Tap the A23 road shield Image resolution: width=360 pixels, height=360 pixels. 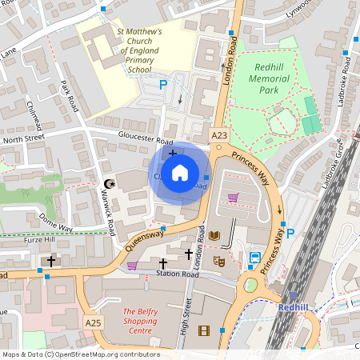point(220,135)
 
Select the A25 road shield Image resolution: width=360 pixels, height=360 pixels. point(94,322)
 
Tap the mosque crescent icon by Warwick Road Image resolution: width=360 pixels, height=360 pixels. point(110,185)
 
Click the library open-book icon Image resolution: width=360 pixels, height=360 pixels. point(214,235)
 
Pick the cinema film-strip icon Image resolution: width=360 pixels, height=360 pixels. point(204,330)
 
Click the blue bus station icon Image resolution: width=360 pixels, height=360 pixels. point(255,258)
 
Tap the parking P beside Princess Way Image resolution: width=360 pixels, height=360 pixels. point(290,234)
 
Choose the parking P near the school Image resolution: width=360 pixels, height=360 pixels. point(164,84)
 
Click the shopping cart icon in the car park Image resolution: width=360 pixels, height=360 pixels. point(233,197)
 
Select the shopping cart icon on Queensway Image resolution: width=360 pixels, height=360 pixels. point(132,266)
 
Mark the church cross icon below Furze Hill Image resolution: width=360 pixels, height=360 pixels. point(51,261)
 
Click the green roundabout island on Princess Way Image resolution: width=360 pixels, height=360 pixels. point(251,285)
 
